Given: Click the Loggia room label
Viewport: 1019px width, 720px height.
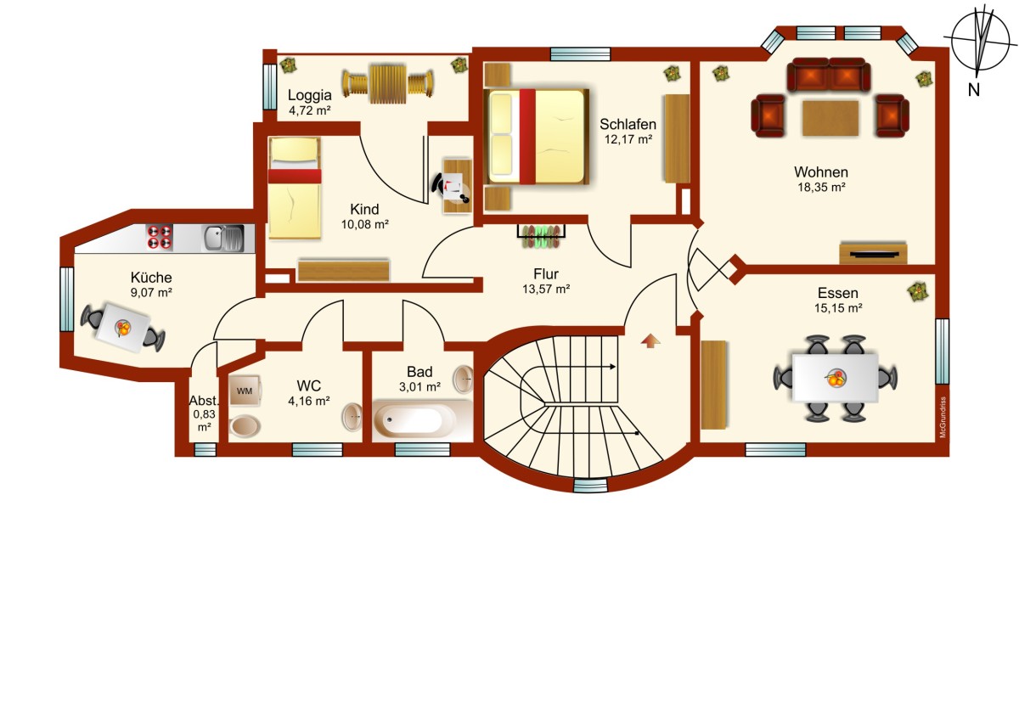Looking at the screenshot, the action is point(309,95).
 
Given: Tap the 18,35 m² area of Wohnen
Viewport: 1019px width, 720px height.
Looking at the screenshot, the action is point(821,187).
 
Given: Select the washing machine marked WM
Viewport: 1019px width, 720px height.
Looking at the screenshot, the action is point(245,391).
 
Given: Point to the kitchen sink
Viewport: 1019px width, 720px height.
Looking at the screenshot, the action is point(223,238).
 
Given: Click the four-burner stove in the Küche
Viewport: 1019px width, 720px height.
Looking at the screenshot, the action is point(160,237).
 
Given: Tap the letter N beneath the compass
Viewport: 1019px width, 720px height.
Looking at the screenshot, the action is point(973,90).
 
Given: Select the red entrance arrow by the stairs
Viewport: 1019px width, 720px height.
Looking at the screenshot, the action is point(650,340).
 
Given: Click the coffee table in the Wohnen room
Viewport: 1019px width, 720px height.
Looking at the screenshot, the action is point(830,118).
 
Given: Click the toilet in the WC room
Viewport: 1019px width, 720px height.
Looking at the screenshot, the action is point(245,426).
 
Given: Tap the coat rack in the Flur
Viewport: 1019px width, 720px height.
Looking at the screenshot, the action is point(541,236).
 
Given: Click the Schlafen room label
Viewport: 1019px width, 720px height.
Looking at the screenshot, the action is point(628,124).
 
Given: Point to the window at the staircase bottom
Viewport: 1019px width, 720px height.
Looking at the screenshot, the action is point(590,486).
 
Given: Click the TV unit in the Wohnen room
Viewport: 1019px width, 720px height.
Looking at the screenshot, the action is point(873,254).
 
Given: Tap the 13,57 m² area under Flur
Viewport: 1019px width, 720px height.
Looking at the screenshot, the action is point(546,289).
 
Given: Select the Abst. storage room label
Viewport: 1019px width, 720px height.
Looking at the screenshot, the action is point(204,401).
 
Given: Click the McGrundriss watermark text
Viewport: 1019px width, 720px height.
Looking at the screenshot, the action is point(943,418).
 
